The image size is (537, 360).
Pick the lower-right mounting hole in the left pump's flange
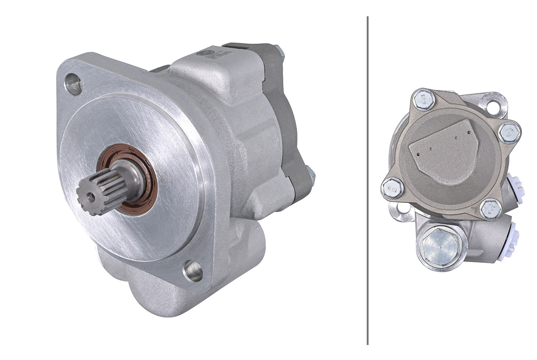192,270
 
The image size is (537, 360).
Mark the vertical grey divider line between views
367,180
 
